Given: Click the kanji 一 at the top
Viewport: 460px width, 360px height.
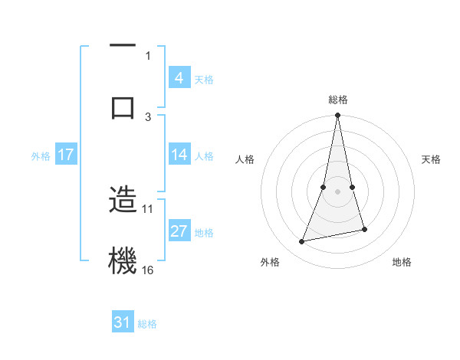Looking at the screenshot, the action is coord(123,47).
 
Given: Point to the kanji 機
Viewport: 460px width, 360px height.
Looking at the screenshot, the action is coord(123,260).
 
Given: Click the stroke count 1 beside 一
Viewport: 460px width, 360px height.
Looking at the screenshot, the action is coord(148,55).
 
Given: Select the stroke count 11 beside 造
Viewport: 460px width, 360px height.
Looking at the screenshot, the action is coord(148,208).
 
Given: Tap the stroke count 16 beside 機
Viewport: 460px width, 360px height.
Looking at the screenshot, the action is coord(148,270).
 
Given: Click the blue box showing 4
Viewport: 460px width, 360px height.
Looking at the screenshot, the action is coord(179,78).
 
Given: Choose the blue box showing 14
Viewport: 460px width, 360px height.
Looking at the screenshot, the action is coord(179,155).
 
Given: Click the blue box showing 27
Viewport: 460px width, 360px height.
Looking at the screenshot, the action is coord(179,231).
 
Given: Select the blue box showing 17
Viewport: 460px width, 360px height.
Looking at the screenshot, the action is coord(65,155).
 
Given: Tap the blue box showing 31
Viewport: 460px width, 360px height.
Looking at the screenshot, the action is coord(123,323).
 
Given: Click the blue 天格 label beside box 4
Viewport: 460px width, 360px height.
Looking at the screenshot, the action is coord(204,79).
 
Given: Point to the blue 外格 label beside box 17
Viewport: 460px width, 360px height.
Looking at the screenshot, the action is coord(41,155).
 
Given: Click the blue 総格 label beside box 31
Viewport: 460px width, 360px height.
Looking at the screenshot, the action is coord(147,324).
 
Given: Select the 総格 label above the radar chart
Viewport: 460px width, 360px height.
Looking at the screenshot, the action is coord(337,100).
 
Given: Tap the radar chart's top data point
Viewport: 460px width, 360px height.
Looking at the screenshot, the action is coord(337,116).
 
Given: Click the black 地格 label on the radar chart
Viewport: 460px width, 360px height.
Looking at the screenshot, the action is coord(402,262).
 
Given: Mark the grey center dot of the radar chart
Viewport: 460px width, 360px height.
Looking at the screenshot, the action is coord(337,191).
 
